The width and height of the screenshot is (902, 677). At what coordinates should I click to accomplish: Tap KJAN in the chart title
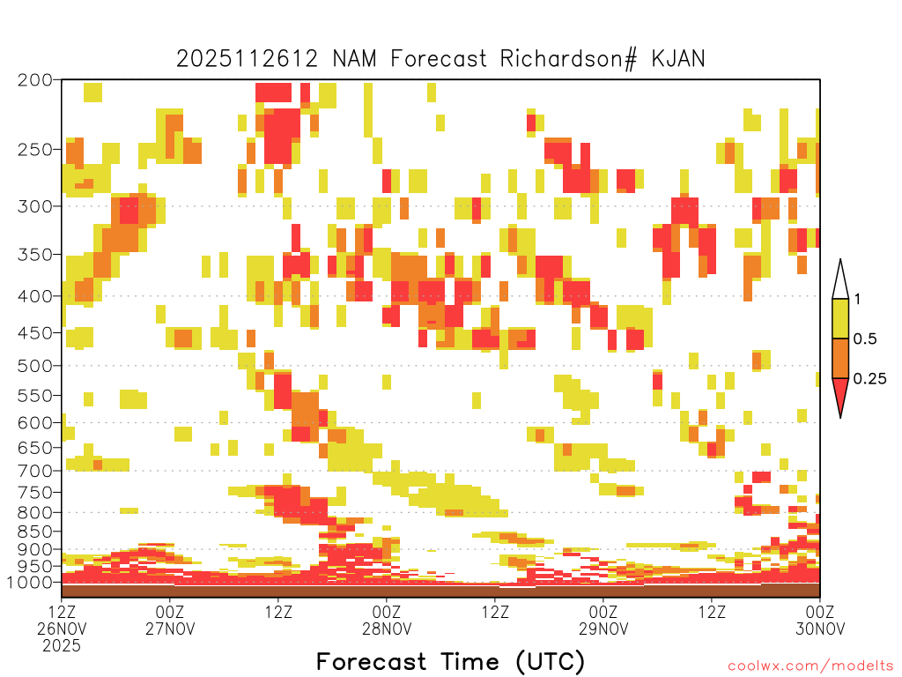point(678,59)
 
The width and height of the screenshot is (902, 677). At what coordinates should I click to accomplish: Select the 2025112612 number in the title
point(247,59)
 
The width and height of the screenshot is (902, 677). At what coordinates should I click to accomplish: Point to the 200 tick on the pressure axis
point(35,80)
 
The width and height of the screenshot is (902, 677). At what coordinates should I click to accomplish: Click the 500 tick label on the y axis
point(35,366)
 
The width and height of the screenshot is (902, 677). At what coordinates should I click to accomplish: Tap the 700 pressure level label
point(35,471)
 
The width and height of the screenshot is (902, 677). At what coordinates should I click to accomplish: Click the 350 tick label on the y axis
point(35,255)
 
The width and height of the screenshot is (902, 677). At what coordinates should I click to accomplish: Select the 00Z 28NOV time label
point(387,620)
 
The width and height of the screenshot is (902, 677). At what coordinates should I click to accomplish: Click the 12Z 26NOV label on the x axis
point(62,628)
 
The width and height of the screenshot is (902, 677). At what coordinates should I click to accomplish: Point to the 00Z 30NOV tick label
point(820,620)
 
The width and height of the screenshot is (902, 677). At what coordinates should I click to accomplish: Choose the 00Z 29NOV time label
point(603,620)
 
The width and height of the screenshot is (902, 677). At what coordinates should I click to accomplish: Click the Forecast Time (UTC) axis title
point(450,661)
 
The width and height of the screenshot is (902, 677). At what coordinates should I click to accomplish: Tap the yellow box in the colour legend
point(840,318)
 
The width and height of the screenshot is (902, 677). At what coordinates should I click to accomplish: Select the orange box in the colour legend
point(840,358)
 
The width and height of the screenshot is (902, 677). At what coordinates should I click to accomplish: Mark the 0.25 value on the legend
point(869,379)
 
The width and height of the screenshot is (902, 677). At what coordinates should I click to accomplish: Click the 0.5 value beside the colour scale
point(865,339)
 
